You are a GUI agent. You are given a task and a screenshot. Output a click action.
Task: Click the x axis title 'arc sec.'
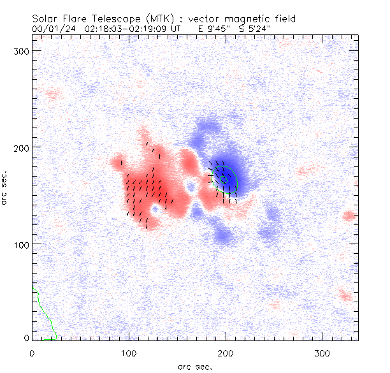(x=195, y=366)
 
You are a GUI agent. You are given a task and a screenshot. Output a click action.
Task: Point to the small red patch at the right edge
(x=348, y=216)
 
